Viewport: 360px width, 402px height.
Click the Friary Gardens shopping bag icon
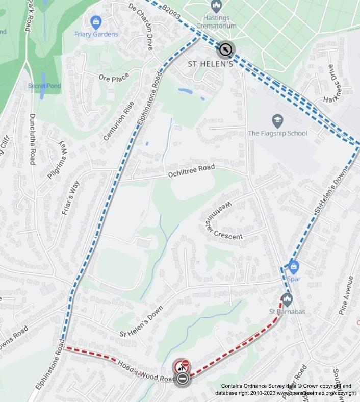[x=95, y=22]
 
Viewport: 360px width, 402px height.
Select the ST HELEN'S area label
[x=211, y=64]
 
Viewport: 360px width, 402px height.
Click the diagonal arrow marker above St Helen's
[x=225, y=49]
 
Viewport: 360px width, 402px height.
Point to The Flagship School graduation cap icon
[x=277, y=121]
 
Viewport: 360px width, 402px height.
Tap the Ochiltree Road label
[x=192, y=171]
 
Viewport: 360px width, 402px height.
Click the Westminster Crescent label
[x=223, y=221]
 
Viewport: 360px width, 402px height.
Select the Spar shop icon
[x=293, y=266]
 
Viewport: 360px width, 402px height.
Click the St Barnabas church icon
[x=287, y=299]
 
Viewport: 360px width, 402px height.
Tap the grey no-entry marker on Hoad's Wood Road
[x=182, y=379]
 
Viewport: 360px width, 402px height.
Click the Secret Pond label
[x=44, y=86]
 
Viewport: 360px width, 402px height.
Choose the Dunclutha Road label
[x=32, y=138]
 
